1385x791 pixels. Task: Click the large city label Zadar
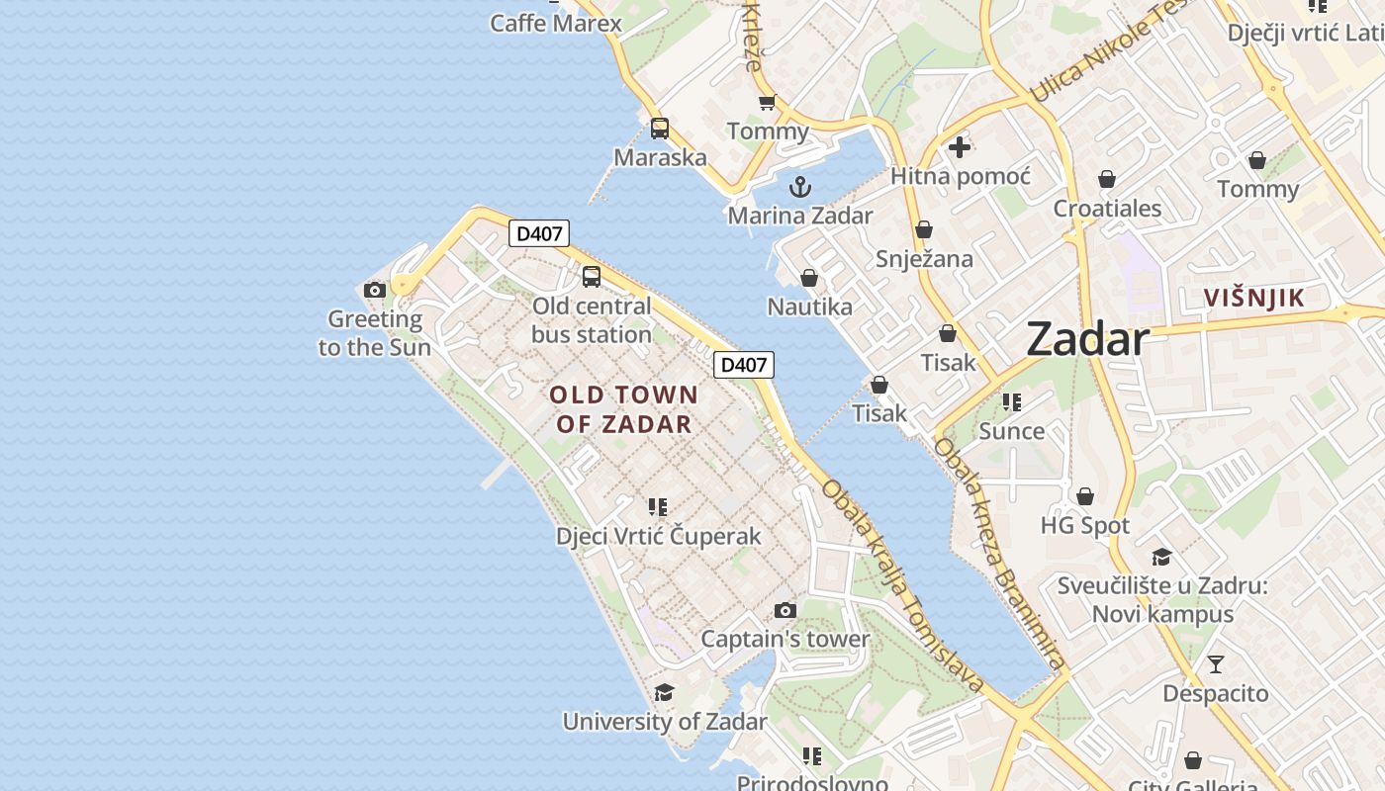pos(1087,339)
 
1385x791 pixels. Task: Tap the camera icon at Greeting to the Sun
pos(375,290)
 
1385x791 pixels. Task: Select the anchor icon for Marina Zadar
pos(799,187)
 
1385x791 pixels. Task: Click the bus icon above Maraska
pos(660,129)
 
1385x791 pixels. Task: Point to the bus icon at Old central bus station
pos(592,277)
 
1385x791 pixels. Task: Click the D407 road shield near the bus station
pos(539,234)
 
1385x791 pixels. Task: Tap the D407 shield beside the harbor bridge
pos(743,365)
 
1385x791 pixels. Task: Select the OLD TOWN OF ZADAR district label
pos(623,409)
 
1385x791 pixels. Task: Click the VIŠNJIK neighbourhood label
pos(1253,298)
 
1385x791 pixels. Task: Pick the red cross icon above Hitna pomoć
pos(959,148)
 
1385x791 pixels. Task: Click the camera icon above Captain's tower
pos(785,610)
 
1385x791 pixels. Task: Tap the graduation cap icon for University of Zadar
pos(664,692)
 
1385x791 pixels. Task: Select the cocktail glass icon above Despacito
pos(1215,664)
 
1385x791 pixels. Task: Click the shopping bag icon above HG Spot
pos(1085,496)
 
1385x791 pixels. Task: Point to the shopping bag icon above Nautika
pos(809,278)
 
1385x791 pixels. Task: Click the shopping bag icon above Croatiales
pos(1107,180)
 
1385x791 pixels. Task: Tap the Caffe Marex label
pos(556,23)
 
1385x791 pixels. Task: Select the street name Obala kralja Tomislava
pos(901,586)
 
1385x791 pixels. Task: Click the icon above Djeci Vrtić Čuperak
pos(658,507)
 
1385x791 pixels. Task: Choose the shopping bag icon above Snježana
pos(924,230)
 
